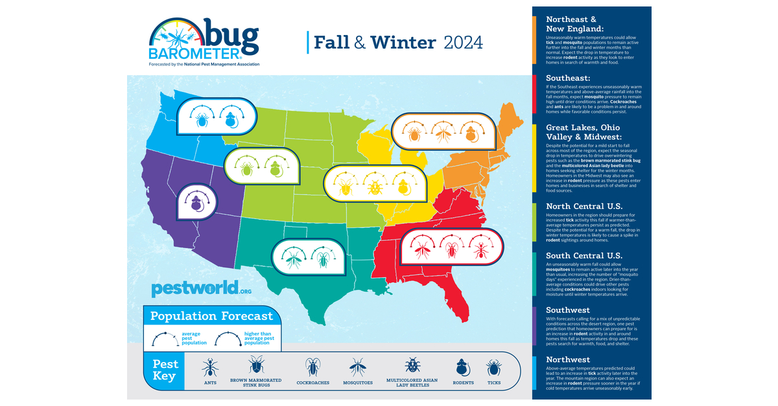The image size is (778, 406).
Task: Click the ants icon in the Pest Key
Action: [209, 368]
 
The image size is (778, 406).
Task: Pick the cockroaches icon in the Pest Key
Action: [313, 367]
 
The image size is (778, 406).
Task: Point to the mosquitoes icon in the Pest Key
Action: [358, 368]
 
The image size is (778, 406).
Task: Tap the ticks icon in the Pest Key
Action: [494, 368]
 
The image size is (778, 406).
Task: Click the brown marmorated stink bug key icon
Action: [255, 365]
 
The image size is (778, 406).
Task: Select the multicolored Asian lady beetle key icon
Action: [412, 365]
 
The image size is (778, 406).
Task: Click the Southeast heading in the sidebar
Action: [568, 78]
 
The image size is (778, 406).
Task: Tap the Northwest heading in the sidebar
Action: [568, 359]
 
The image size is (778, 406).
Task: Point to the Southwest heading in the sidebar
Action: [568, 310]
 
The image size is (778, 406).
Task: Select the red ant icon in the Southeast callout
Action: [480, 249]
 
